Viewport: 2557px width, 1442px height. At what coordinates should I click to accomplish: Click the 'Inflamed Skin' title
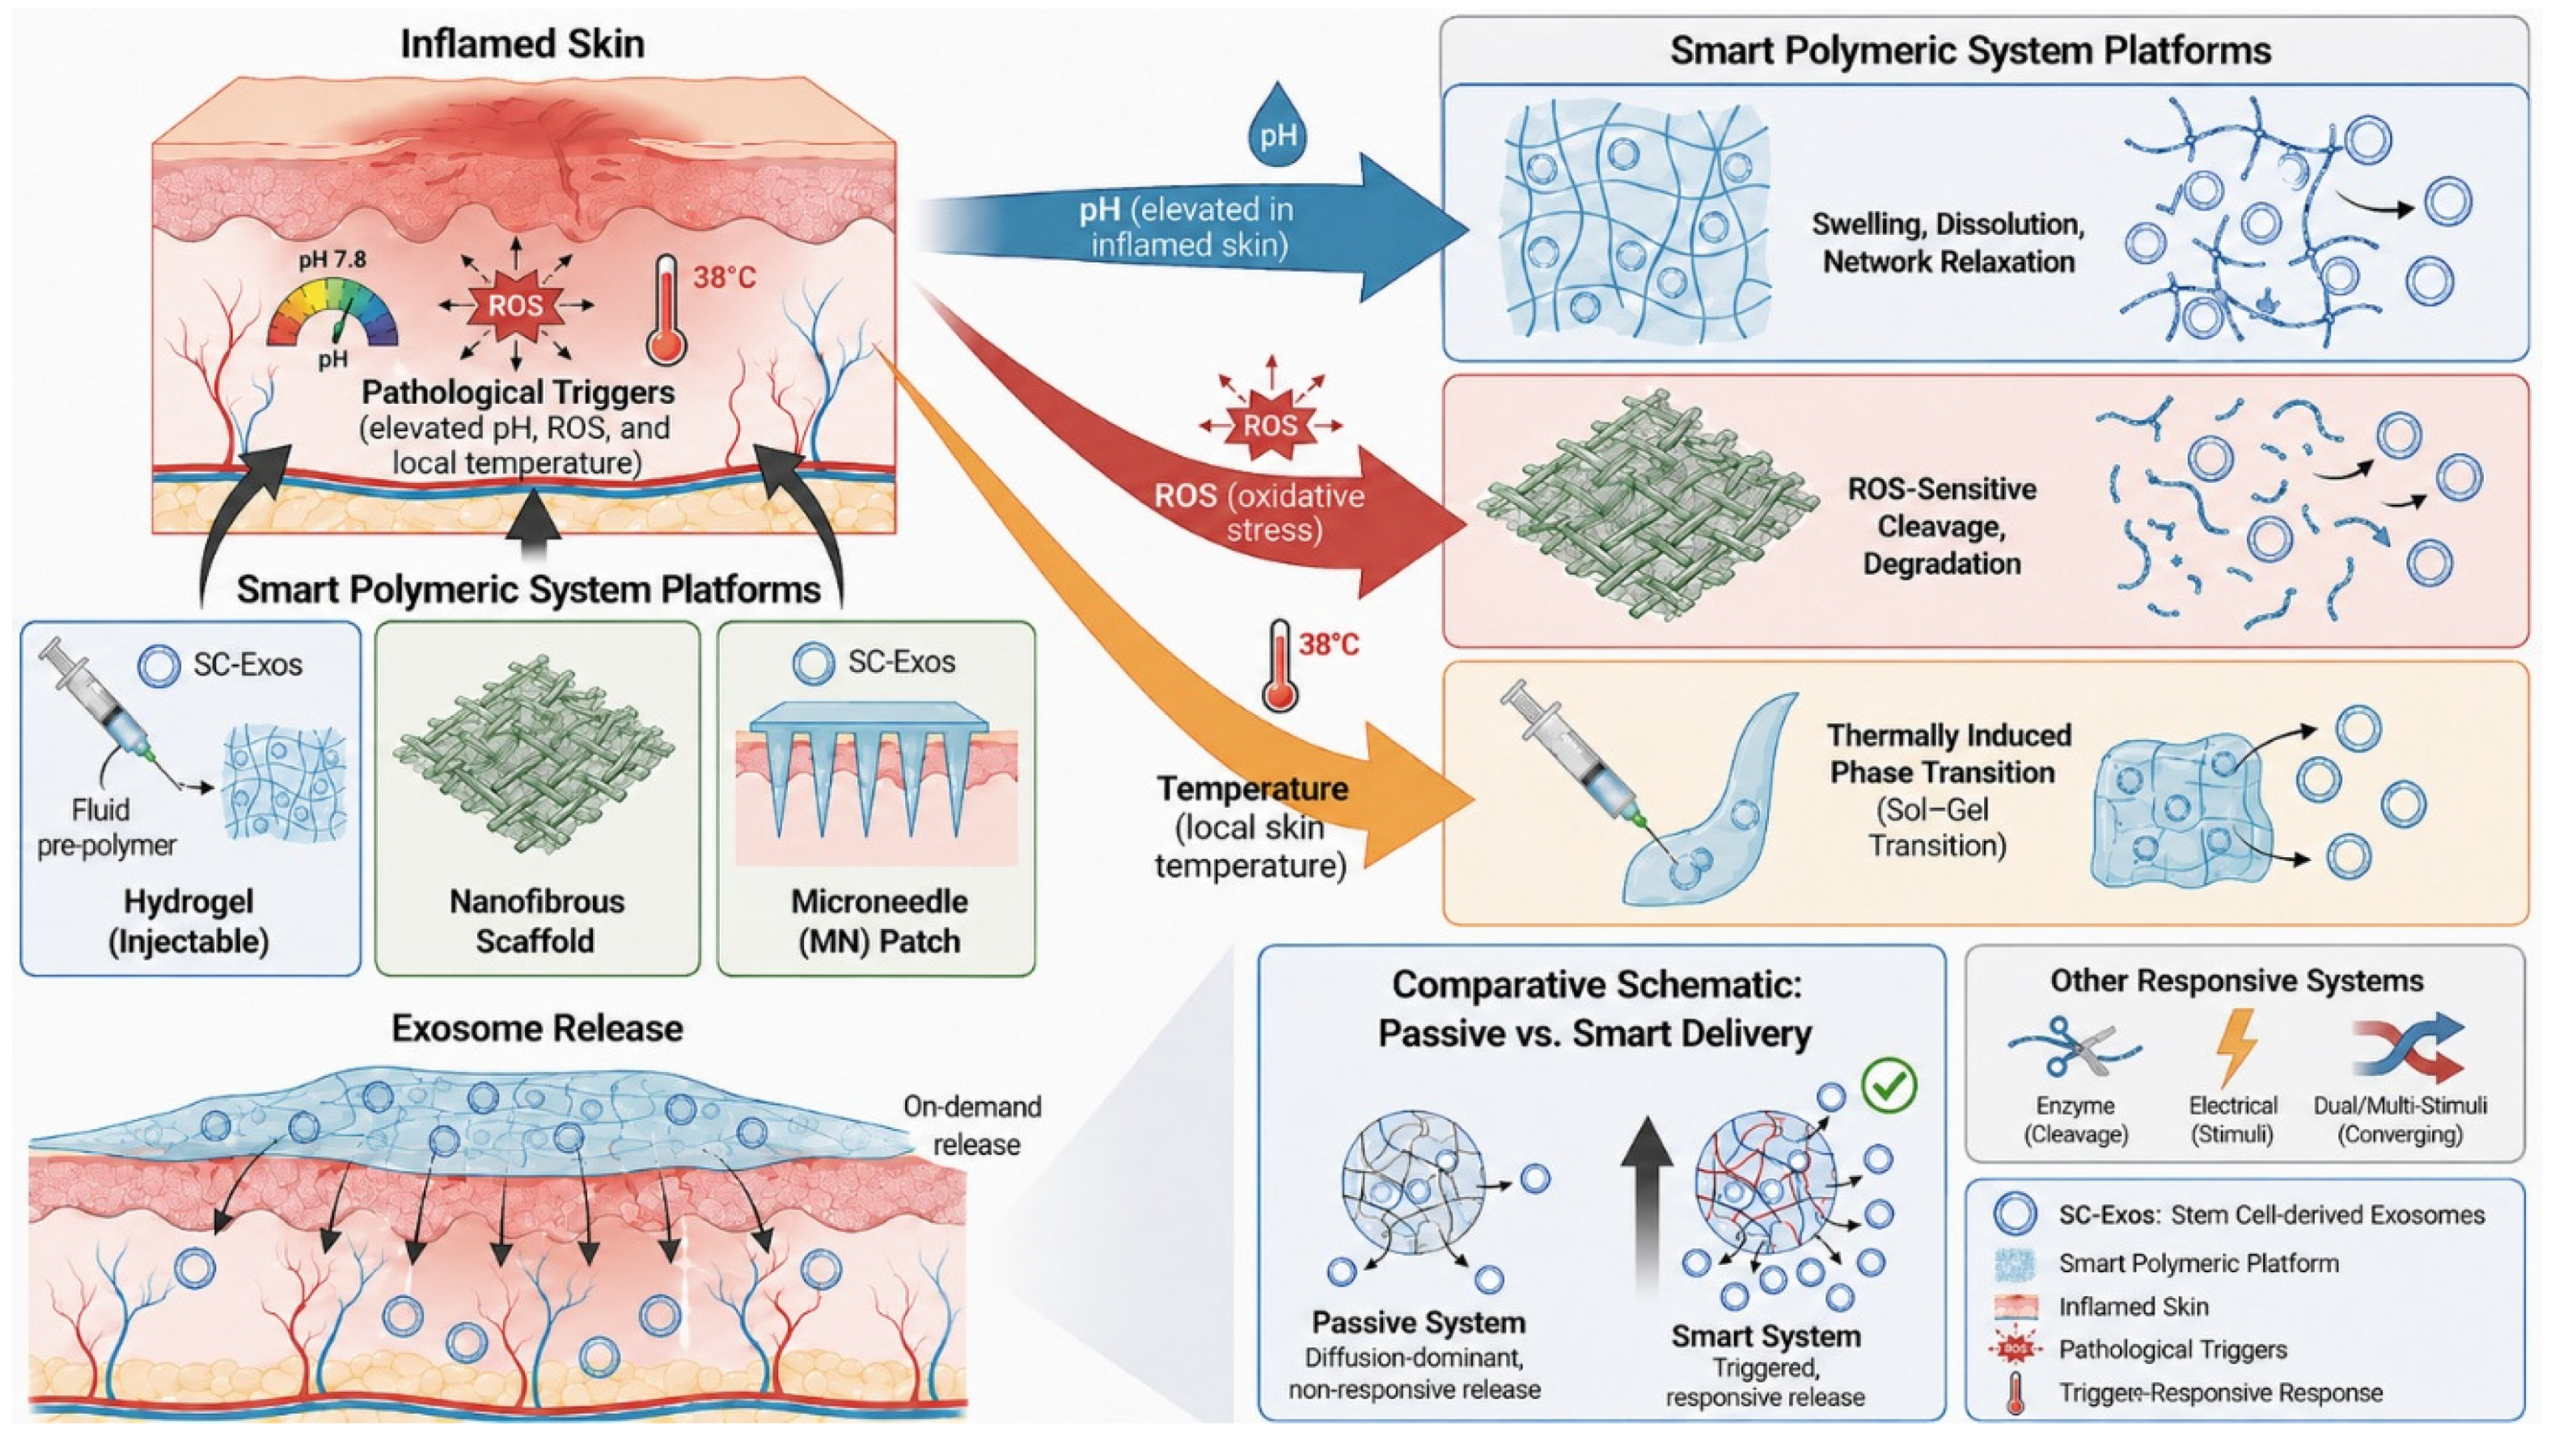pyautogui.click(x=522, y=44)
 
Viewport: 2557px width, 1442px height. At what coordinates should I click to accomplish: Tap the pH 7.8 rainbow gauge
pyautogui.click(x=332, y=312)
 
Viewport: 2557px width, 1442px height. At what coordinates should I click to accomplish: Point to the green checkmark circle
pyautogui.click(x=1889, y=1085)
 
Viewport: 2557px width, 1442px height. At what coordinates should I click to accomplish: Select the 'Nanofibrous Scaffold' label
pyautogui.click(x=536, y=920)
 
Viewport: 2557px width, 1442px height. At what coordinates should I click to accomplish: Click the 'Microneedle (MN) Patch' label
pyautogui.click(x=879, y=920)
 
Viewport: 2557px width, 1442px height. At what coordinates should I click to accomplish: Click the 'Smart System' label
pyautogui.click(x=1765, y=1335)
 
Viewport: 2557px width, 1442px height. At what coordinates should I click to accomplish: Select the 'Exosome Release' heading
pyautogui.click(x=537, y=1029)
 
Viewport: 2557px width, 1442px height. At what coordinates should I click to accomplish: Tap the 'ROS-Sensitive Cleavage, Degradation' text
pyautogui.click(x=1942, y=526)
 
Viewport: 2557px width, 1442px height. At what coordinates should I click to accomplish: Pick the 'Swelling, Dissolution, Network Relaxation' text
pyautogui.click(x=1948, y=243)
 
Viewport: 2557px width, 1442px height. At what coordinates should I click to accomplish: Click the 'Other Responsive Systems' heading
pyautogui.click(x=2237, y=981)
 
